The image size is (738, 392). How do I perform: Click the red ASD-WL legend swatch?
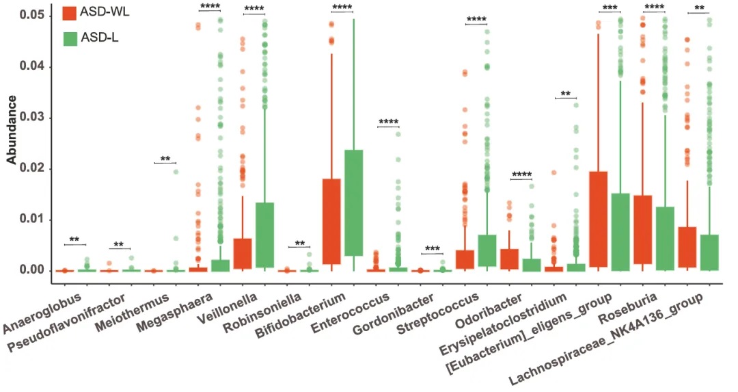[69, 13]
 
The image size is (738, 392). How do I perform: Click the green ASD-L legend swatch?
[69, 38]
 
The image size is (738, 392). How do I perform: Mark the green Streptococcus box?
[487, 250]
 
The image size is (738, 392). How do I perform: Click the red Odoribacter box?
[509, 259]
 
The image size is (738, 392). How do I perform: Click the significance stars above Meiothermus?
[165, 159]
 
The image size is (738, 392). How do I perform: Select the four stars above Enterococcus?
[388, 123]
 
